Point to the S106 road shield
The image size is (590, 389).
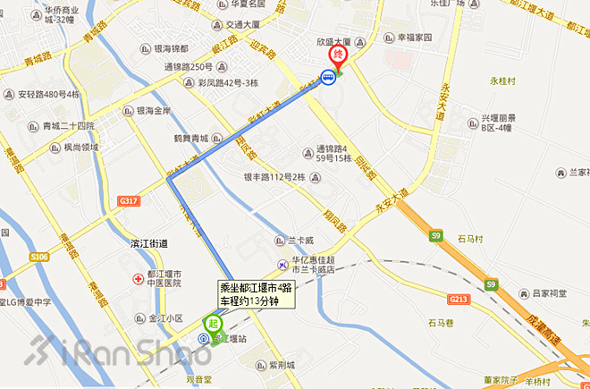pos(38,258)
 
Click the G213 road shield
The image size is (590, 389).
pos(459,299)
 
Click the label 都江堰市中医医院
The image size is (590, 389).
pos(165,278)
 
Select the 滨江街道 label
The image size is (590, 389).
pos(151,243)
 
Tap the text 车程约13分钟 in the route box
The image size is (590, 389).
pos(257,300)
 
